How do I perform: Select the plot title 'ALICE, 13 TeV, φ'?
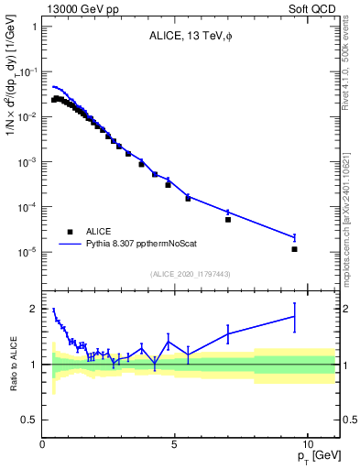191,37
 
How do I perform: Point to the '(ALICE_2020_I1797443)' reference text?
191,274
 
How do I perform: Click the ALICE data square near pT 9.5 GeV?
294,249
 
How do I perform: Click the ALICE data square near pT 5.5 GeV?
188,198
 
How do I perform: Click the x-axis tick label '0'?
43,443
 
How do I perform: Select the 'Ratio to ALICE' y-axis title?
12,364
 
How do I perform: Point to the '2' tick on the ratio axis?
34,309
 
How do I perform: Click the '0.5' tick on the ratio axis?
29,420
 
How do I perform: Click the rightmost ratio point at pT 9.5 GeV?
294,316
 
